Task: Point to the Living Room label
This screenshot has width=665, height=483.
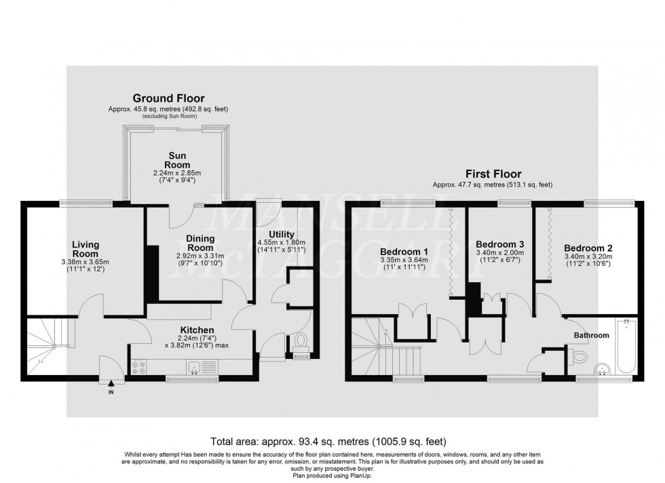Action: click(86, 249)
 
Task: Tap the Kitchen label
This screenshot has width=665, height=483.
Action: click(178, 330)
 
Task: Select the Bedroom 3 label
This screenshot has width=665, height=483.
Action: click(499, 244)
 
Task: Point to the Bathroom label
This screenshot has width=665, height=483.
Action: click(591, 335)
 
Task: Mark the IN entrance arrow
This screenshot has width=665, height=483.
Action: click(109, 384)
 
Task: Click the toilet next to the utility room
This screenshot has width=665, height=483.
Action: click(301, 341)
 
